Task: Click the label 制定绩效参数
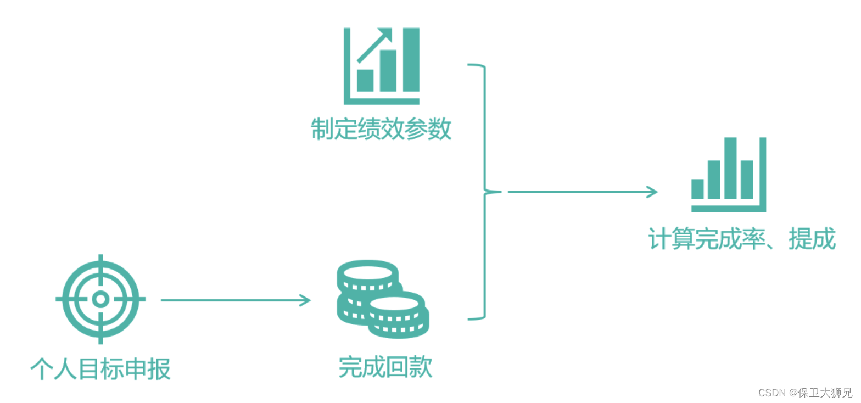(381, 130)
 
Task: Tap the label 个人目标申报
(100, 369)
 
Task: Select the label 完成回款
(385, 367)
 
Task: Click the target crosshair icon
(100, 299)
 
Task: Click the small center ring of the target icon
(100, 299)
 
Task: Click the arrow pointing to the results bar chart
(582, 192)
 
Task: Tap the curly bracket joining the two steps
(484, 192)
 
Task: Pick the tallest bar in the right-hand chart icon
(730, 168)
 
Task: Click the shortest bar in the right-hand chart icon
(697, 189)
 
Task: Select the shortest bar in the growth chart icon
(365, 81)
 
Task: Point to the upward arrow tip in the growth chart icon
(387, 34)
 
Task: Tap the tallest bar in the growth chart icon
(411, 60)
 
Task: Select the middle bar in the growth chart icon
(388, 71)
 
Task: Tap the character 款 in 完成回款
(421, 367)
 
